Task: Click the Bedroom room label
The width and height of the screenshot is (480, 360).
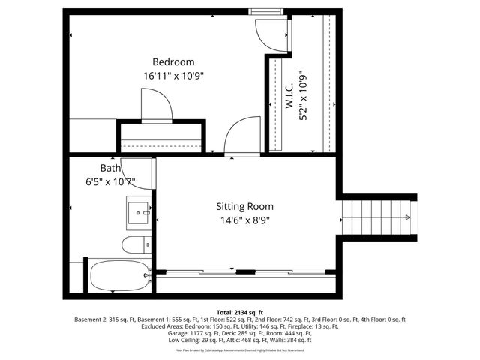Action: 173,61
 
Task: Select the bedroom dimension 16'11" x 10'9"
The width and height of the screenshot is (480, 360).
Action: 173,76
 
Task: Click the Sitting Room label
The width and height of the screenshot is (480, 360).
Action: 244,206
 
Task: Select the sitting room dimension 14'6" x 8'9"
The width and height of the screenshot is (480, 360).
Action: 244,220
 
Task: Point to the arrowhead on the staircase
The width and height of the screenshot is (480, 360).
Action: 406,217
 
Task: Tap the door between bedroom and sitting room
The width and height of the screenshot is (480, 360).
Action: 243,136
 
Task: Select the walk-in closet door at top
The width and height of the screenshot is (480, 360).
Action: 269,34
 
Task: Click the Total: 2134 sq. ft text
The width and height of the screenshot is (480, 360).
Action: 239,311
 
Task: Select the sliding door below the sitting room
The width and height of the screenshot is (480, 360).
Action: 244,271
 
